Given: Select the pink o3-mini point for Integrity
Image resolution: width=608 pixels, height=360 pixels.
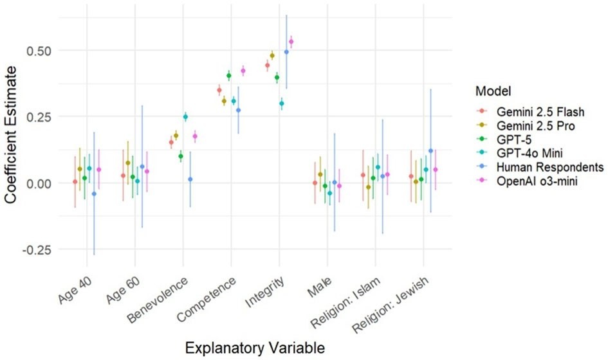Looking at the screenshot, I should (x=291, y=42).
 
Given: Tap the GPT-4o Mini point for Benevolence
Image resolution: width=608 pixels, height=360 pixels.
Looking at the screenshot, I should (x=185, y=116).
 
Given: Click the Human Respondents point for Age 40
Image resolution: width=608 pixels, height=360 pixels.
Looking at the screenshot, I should (x=94, y=194).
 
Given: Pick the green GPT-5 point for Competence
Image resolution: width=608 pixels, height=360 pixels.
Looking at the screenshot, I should (x=229, y=75).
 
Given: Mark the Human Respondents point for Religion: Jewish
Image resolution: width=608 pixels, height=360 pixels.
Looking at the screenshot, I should (x=430, y=151).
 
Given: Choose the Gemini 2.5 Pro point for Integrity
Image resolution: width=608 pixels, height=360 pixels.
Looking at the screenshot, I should (x=272, y=56).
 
